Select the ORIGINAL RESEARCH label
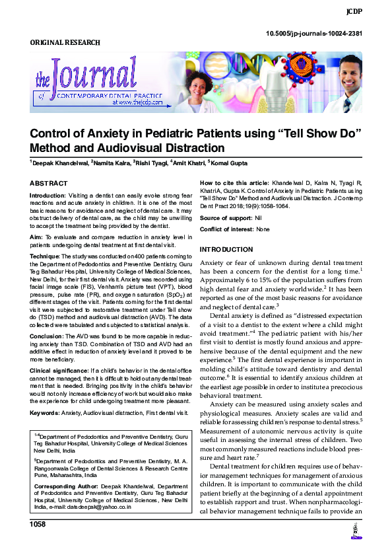click(65, 43)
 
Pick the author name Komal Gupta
click(230, 163)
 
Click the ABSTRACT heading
click(48, 183)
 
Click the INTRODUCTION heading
click(226, 250)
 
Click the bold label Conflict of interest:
click(226, 229)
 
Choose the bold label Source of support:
click(224, 217)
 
